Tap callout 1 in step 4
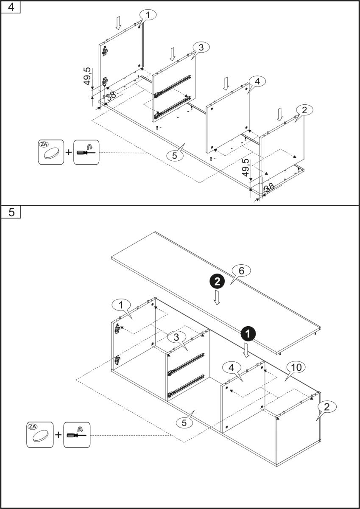point(148,15)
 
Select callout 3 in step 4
point(201,48)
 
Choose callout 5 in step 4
point(175,155)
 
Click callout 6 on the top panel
point(242,270)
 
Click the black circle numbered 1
point(247,333)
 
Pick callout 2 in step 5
point(327,407)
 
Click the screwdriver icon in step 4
point(86,152)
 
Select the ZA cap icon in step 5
point(40,434)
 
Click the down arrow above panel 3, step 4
point(172,54)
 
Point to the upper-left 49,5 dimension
point(87,76)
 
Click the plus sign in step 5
point(58,435)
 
